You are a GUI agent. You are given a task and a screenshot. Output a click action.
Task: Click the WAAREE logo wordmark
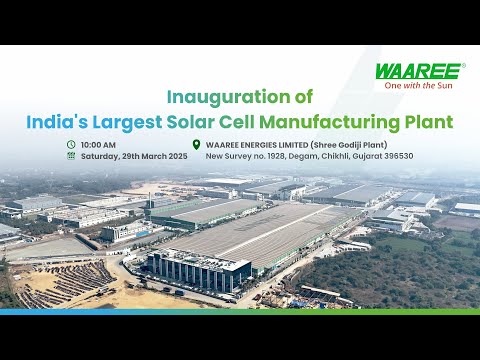pyautogui.click(x=418, y=71)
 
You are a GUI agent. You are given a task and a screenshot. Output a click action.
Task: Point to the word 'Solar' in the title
pyautogui.click(x=210, y=122)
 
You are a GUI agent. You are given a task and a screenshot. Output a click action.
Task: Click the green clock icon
pyautogui.click(x=71, y=144)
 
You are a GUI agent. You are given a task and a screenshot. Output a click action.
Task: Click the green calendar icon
pyautogui.click(x=71, y=156)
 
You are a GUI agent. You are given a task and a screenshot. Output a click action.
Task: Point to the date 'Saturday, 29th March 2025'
pyautogui.click(x=134, y=156)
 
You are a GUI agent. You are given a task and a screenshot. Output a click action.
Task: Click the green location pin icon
pyautogui.click(x=196, y=144)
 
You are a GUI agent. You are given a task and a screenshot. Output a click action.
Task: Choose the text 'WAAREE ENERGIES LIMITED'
pyautogui.click(x=256, y=144)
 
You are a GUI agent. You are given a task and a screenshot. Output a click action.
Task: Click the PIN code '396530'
pyautogui.click(x=397, y=156)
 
